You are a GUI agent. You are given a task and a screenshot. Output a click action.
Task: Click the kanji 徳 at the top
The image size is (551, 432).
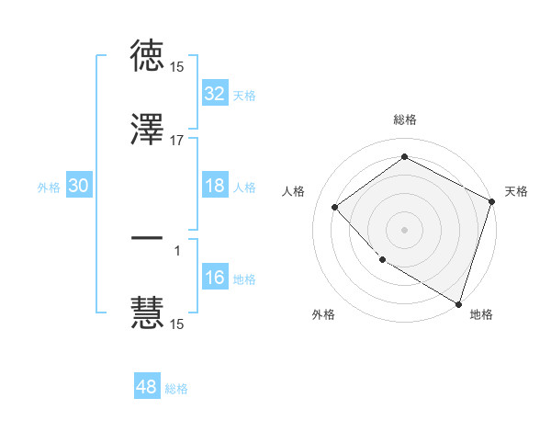(148, 56)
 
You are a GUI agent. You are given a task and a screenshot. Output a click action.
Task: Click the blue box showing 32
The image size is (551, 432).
(215, 94)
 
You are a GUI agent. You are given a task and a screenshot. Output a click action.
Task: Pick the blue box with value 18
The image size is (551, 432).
(215, 186)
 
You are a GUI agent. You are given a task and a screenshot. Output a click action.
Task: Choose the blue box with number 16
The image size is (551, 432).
(215, 278)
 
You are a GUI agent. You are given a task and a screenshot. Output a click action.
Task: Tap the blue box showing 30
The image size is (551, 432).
(79, 186)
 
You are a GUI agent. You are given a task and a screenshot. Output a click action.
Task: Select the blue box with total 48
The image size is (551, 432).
(147, 387)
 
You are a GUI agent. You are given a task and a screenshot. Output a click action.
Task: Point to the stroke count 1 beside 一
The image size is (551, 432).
(177, 249)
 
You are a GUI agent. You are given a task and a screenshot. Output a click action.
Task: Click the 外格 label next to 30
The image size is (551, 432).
(49, 187)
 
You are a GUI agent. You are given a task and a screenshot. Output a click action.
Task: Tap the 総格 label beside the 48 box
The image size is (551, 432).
(176, 389)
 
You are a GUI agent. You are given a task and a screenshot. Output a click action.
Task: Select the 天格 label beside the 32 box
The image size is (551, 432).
(244, 95)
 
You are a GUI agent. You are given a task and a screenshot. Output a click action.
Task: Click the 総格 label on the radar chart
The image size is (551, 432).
(405, 119)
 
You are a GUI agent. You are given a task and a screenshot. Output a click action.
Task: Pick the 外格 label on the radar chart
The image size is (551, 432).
(323, 314)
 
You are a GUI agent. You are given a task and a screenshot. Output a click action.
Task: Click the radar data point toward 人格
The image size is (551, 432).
(335, 207)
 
